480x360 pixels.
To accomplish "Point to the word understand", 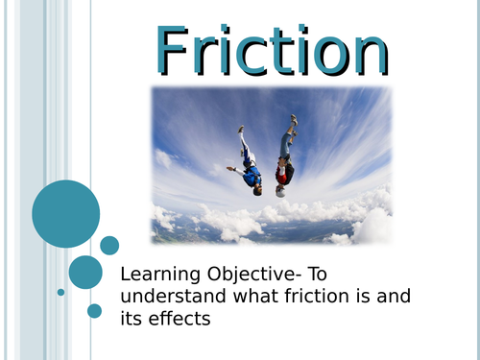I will tap(171, 296).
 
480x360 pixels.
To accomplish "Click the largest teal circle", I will tap(66, 214).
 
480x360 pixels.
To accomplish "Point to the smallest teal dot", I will tap(60, 292).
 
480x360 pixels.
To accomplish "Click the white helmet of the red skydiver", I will tap(280, 190).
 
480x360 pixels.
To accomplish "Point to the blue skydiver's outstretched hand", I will tap(230, 169).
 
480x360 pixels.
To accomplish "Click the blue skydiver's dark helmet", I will tap(256, 189).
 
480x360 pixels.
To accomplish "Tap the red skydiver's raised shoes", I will tap(292, 121).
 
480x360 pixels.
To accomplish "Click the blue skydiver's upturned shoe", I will tap(241, 129).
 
